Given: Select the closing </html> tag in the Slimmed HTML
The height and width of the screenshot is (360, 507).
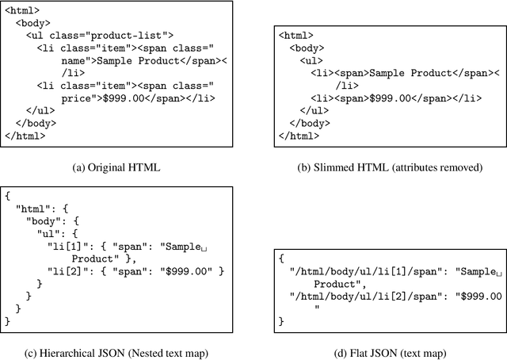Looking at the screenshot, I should pos(300,136).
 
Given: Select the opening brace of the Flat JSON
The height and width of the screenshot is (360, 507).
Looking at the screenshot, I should pos(281,258).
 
